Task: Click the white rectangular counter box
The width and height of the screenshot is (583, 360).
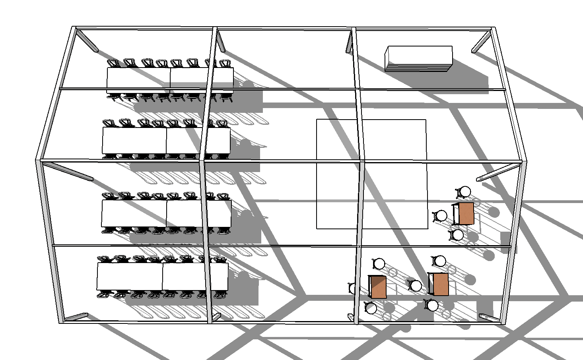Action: (419, 58)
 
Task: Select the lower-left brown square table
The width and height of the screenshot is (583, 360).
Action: (378, 287)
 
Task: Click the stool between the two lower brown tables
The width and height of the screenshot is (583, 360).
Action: (416, 285)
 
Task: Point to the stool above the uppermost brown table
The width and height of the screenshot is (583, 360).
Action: (464, 192)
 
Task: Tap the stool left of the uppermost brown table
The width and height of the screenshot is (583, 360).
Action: (441, 216)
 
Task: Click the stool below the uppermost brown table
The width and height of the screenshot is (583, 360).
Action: (457, 235)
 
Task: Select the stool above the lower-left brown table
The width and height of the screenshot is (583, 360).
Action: (379, 263)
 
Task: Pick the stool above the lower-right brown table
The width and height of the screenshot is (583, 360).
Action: (439, 261)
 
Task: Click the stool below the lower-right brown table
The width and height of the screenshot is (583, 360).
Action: (432, 305)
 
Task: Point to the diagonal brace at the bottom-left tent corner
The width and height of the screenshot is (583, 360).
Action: (76, 317)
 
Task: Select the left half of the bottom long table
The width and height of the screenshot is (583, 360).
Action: (130, 276)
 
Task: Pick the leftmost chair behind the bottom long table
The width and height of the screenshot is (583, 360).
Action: (104, 259)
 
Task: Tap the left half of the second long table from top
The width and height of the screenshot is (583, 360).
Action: (134, 140)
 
